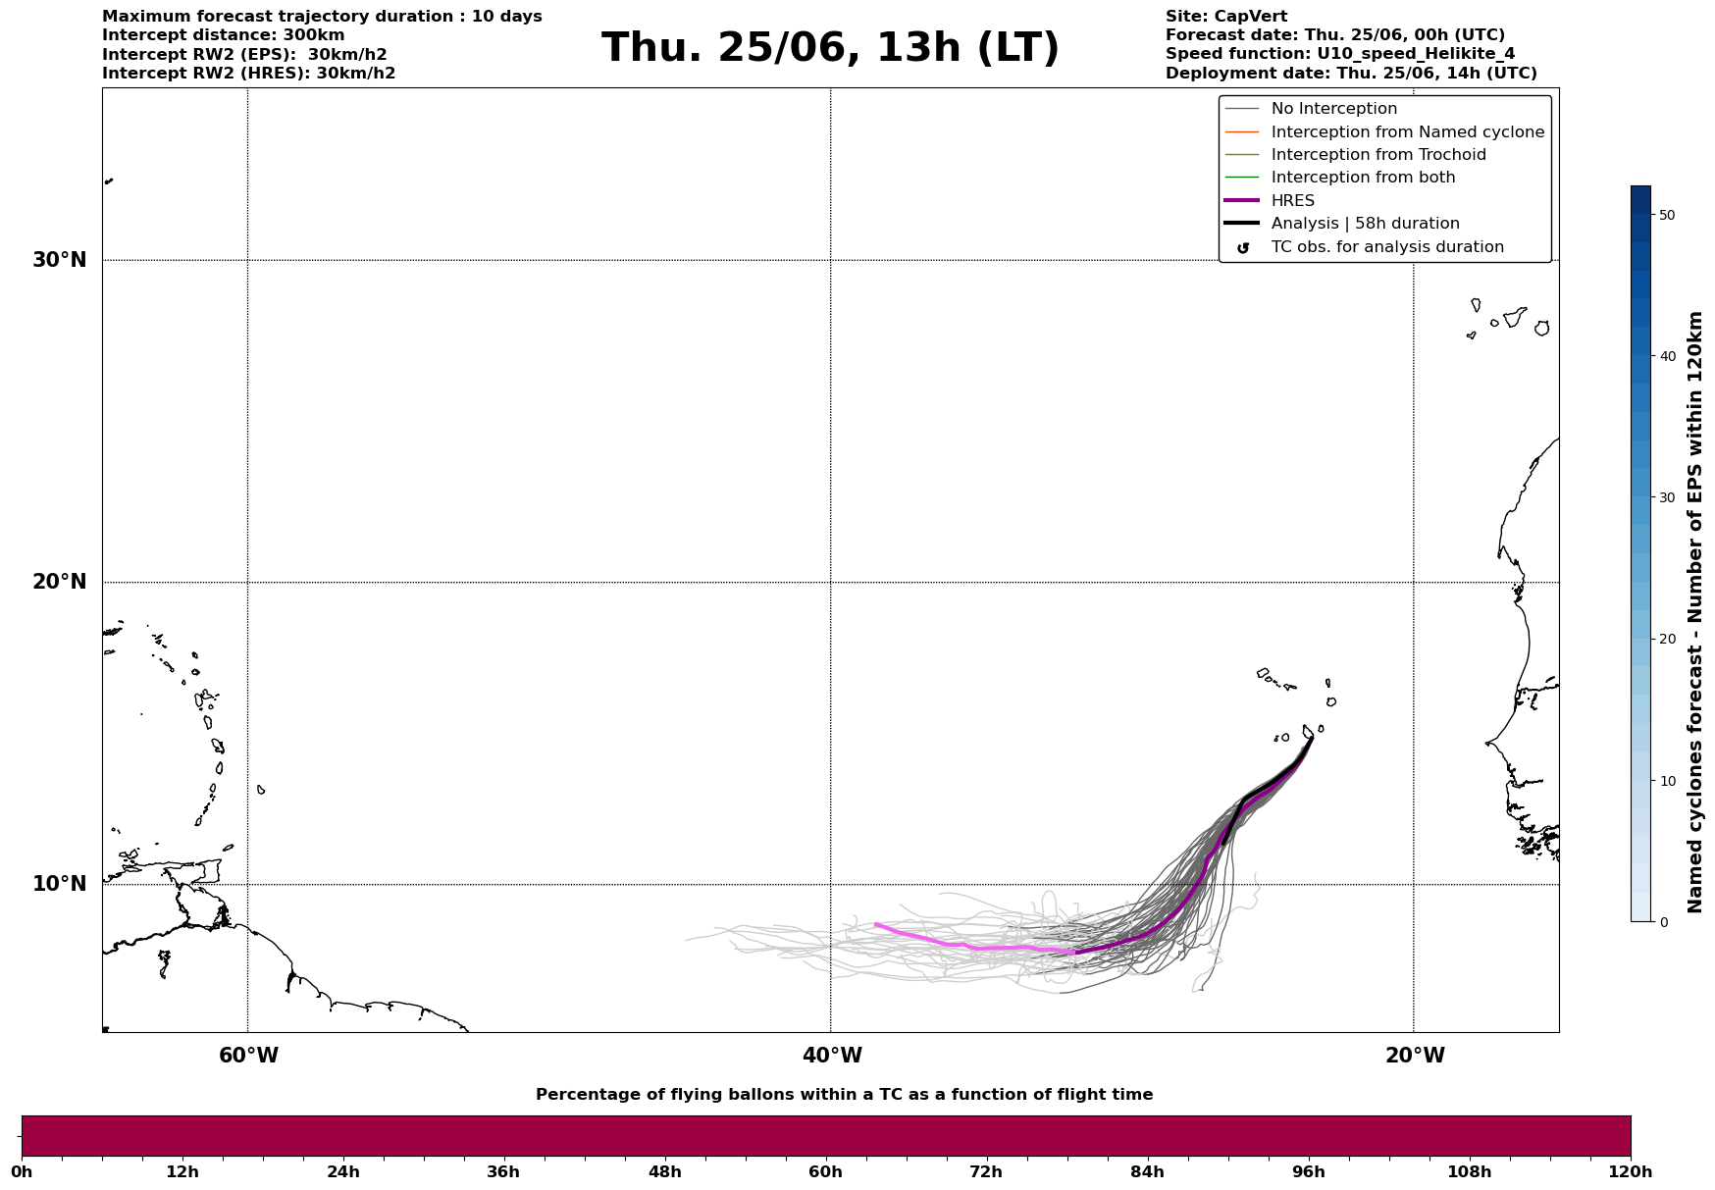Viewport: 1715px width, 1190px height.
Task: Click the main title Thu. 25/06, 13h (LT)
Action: [x=830, y=48]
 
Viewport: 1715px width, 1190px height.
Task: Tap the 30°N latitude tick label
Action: [x=60, y=260]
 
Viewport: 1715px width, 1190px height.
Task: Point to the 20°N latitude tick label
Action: [x=60, y=582]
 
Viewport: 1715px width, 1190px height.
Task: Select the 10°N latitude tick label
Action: [x=60, y=884]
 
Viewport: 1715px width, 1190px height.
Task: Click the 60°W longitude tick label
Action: [x=248, y=1056]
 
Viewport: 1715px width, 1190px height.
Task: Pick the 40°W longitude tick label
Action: [x=832, y=1056]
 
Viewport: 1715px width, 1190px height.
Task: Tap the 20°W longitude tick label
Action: [x=1415, y=1056]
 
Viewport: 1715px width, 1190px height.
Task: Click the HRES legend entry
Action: [x=1270, y=201]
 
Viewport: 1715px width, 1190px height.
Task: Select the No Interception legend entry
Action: [x=1311, y=109]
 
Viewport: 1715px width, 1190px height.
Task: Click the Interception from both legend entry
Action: [x=1340, y=178]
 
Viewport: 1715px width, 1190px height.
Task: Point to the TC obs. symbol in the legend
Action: [x=1243, y=248]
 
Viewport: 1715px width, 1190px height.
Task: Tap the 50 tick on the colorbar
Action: [x=1666, y=215]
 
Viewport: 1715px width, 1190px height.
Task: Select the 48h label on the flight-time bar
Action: [x=664, y=1172]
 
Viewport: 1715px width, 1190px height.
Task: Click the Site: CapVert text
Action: [x=1226, y=17]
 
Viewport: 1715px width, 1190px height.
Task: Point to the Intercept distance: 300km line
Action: [x=224, y=35]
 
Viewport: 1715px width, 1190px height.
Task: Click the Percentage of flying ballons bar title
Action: [x=844, y=1095]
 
